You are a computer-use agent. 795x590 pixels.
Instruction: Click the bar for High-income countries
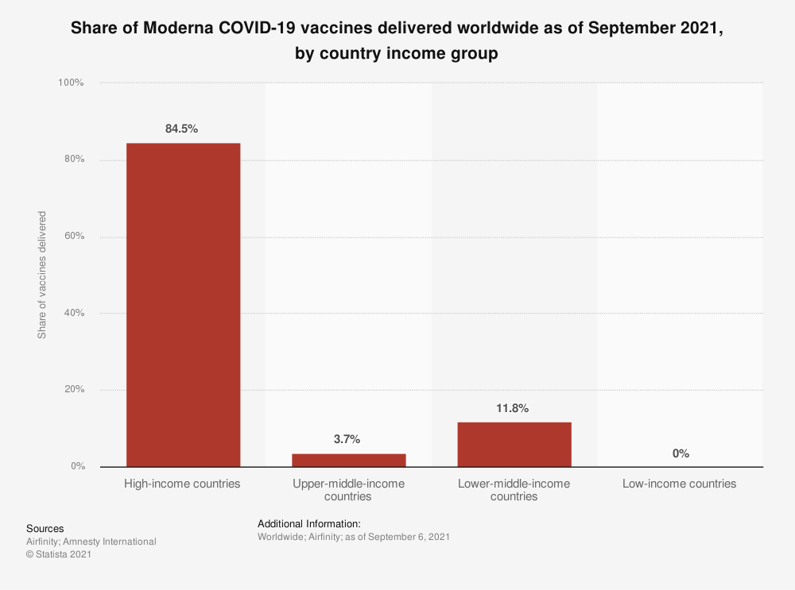coord(183,305)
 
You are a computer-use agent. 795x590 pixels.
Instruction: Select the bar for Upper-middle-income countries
coord(348,460)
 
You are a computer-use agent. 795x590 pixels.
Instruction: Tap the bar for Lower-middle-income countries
coord(514,444)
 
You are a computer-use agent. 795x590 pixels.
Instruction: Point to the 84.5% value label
coord(182,129)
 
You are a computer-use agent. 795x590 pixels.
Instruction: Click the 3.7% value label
coord(348,439)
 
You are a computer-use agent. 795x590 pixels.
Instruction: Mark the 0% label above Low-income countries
coord(681,453)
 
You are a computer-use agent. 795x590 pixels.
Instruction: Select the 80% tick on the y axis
coord(74,160)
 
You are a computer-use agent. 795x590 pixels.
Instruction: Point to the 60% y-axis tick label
coord(74,237)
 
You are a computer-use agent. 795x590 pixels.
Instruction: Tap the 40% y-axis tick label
coord(74,313)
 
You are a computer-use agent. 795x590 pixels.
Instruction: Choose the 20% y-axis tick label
coord(74,390)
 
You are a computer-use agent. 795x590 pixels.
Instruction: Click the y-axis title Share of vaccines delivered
coord(42,275)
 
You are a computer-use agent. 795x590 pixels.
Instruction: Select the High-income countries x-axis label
coord(182,484)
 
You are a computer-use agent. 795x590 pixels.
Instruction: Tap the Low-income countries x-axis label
coord(680,484)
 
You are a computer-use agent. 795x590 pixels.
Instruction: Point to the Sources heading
coord(45,529)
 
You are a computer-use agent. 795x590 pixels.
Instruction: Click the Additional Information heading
coord(309,524)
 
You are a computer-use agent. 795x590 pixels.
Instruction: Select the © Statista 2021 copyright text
coord(59,554)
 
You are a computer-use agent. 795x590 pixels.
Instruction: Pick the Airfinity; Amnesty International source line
coord(91,542)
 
